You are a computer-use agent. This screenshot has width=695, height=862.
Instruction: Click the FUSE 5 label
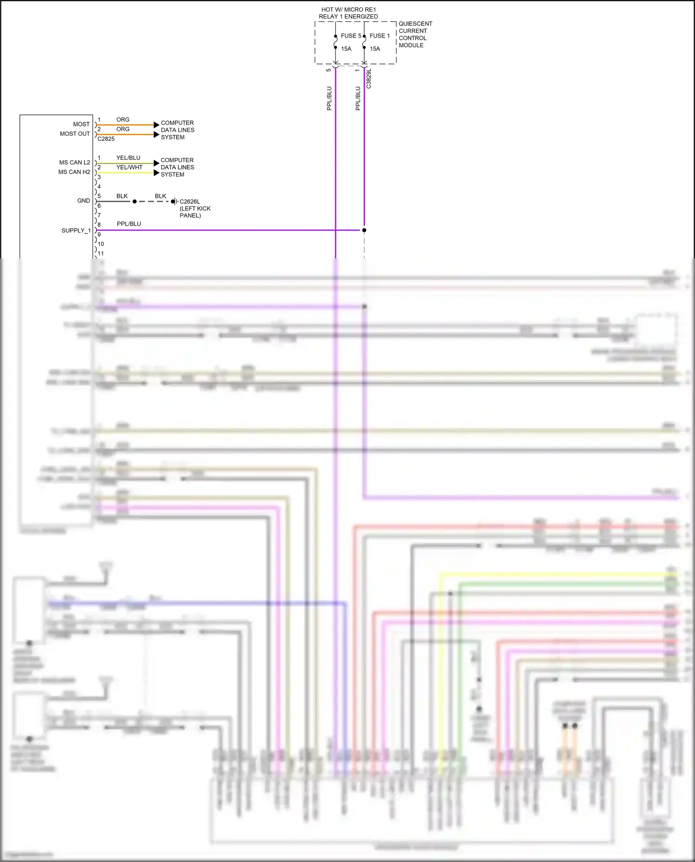tap(351, 36)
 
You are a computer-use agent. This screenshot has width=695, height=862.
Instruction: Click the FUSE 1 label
tap(379, 36)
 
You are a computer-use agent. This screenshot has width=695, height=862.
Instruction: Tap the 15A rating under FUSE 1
tap(374, 49)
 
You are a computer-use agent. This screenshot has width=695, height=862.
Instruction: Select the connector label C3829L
tap(368, 79)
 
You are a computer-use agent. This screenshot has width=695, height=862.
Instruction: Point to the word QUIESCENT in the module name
tap(415, 24)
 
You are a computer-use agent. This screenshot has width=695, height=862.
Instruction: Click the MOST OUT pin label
tap(75, 134)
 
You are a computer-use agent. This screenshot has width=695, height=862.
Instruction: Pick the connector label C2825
tap(106, 139)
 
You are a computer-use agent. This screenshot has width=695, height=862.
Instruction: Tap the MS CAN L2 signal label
tap(74, 163)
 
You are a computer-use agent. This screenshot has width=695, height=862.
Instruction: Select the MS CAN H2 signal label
tap(74, 172)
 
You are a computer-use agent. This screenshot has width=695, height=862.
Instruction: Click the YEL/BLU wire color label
tap(128, 158)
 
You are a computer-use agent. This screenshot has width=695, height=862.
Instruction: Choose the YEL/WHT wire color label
tap(129, 167)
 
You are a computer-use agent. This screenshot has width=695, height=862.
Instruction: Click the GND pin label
tap(83, 201)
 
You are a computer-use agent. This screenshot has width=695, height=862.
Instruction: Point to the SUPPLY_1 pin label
tap(76, 231)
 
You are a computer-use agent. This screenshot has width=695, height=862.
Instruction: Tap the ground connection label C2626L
tap(190, 201)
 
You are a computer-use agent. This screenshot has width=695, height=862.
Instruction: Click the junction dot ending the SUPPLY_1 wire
tap(364, 230)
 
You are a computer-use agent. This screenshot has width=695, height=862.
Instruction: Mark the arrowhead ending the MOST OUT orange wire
tap(156, 134)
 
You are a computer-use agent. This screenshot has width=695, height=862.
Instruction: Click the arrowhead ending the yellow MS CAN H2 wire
tap(156, 173)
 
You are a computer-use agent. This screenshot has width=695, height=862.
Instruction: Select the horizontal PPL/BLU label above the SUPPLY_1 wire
tap(129, 224)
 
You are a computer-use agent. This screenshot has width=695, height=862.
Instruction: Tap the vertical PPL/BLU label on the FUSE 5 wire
tap(329, 98)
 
